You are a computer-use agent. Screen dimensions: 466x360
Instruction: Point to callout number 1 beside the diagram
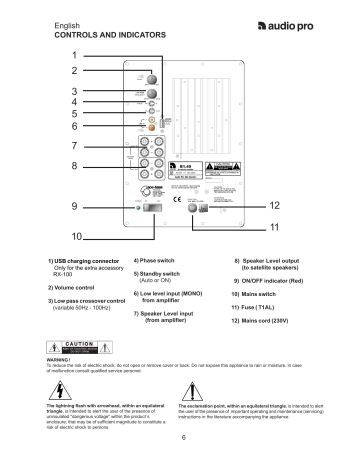click(74, 54)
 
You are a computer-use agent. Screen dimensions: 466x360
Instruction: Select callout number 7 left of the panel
click(74, 145)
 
